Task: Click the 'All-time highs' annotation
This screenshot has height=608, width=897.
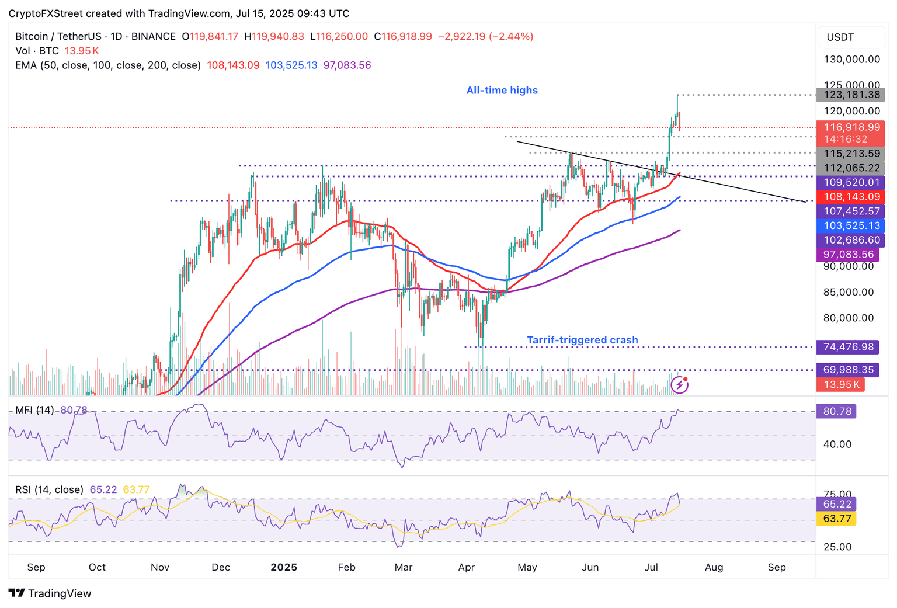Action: click(x=502, y=91)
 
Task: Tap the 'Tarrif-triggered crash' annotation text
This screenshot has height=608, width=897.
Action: click(x=582, y=340)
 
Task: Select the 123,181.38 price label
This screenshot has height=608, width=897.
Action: click(x=851, y=95)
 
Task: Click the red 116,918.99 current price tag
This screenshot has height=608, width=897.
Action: click(x=851, y=127)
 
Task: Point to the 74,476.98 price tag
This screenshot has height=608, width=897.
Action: click(x=848, y=347)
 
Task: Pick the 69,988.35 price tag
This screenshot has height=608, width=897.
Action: click(x=848, y=370)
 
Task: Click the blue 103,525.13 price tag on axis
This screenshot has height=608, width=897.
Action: click(x=851, y=225)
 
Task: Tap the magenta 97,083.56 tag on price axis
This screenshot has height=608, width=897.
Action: click(x=848, y=255)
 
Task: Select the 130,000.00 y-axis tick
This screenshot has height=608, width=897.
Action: click(x=851, y=60)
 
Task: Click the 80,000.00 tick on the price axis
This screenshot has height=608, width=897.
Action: click(x=848, y=318)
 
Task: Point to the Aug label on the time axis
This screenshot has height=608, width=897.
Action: click(x=714, y=567)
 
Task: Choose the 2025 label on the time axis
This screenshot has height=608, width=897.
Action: click(x=284, y=567)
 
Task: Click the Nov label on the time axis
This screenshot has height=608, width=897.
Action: click(x=159, y=567)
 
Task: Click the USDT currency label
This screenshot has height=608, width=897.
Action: click(x=840, y=37)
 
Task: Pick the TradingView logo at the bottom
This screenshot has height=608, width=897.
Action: click(x=50, y=593)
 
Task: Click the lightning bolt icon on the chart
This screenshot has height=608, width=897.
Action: click(x=679, y=384)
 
